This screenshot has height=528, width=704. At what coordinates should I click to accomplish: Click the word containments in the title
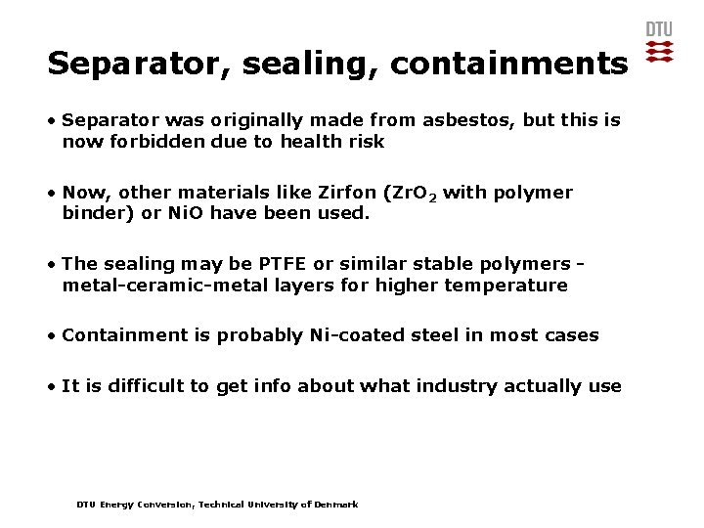pos(508,65)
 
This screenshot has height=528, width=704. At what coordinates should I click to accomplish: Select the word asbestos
pos(467,120)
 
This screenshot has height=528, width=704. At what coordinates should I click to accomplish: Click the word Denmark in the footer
pos(337,505)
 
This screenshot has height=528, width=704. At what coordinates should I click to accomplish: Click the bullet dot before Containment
pos(52,336)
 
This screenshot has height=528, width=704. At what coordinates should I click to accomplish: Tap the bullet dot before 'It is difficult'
pos(52,386)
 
